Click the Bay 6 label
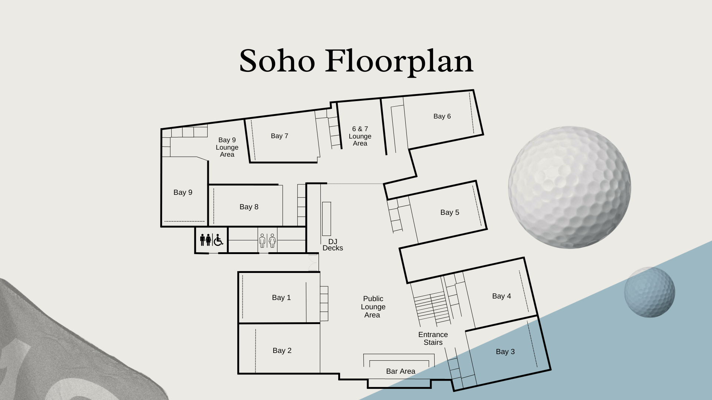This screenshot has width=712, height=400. point(442,116)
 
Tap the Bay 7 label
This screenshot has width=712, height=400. point(280,136)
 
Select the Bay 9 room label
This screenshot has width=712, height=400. point(183,193)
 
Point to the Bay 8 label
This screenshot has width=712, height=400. point(249,207)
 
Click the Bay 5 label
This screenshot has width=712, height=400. point(450,213)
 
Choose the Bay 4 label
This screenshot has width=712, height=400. point(502,296)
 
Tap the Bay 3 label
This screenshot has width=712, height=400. point(505,352)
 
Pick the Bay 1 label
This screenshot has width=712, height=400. point(281,298)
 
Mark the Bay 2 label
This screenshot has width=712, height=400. point(282,351)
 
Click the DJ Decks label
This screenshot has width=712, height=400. point(333,245)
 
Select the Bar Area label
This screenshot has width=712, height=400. point(400,371)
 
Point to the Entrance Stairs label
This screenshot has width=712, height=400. point(433,339)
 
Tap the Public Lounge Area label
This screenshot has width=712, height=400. point(373,307)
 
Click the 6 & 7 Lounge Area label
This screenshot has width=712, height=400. point(360,136)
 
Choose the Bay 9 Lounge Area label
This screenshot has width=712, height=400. point(227,147)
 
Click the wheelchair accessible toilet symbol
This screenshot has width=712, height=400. point(218,240)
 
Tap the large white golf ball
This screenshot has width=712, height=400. point(570,187)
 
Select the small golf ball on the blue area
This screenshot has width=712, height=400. point(650,292)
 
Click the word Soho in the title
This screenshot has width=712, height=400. point(277,61)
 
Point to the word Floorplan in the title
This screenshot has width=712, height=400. point(399,62)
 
